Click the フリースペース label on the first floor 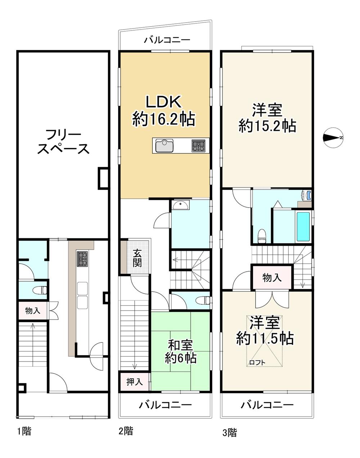[63, 142]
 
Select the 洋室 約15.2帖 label [267, 118]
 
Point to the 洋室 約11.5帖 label [265, 331]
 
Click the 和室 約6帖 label [181, 352]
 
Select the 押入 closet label [135, 382]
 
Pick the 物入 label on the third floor [272, 277]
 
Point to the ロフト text [257, 362]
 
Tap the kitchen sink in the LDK [165, 146]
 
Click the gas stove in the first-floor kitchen [82, 259]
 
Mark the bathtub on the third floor [303, 227]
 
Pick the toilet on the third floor [262, 236]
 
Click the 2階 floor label [126, 431]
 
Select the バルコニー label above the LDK [167, 40]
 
